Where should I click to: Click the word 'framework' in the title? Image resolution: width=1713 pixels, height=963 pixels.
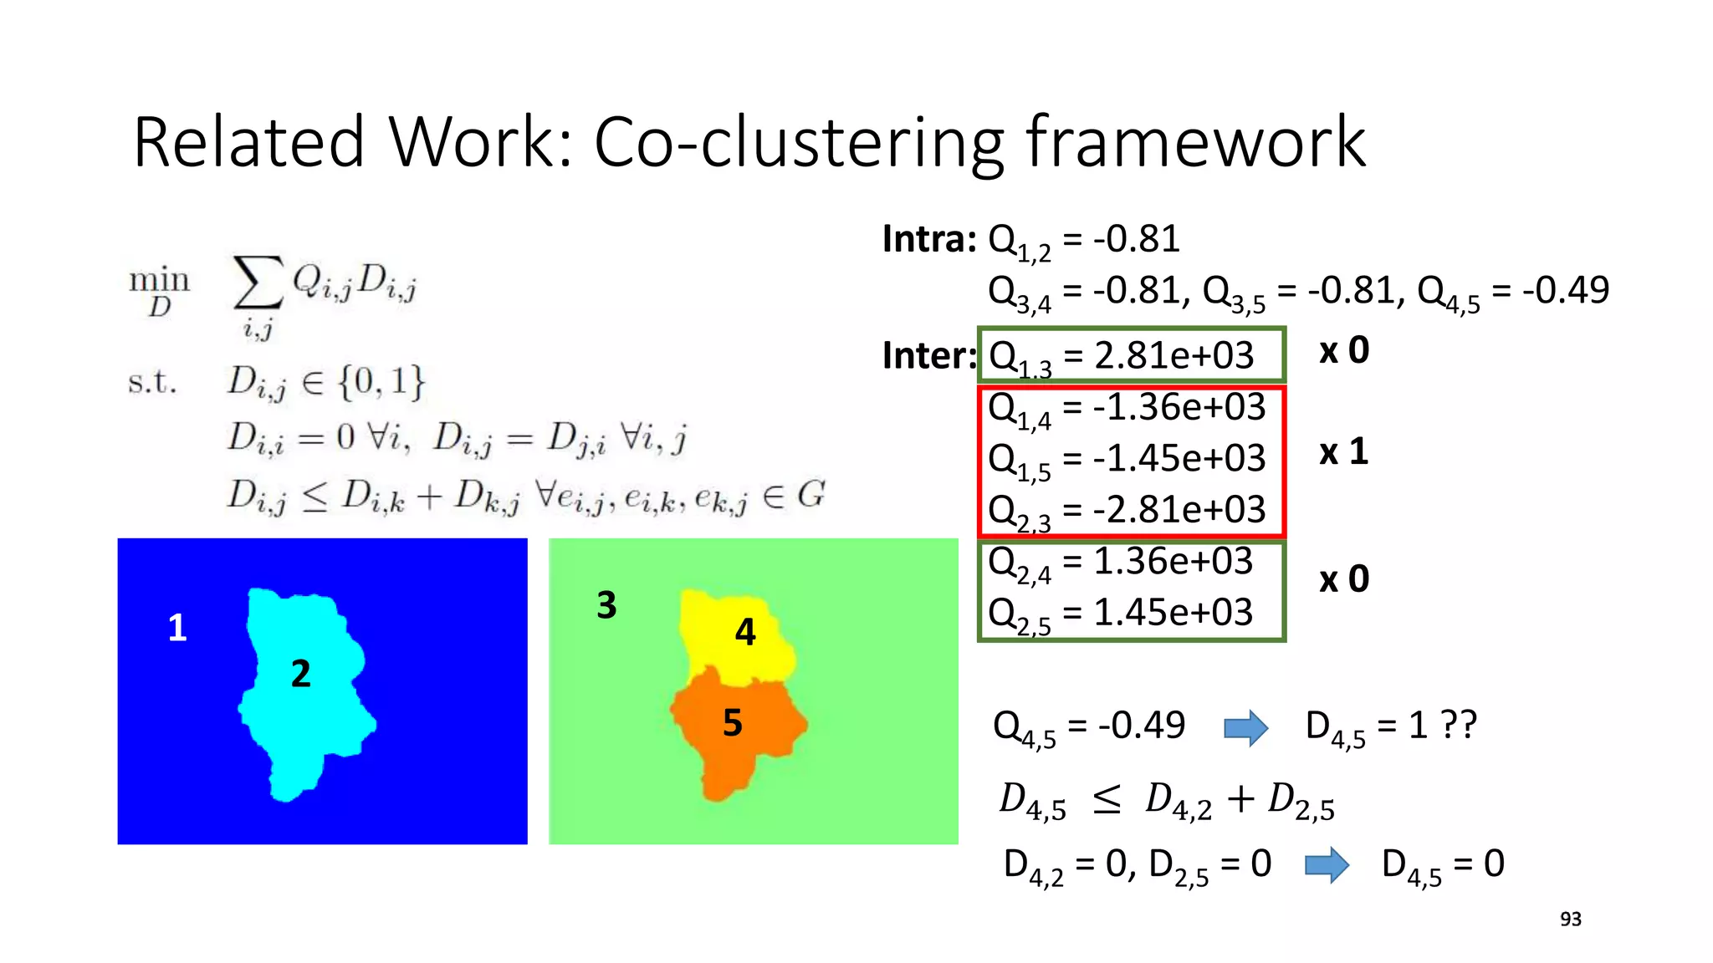pos(1196,142)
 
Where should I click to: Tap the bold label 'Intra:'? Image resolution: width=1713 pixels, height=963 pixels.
pos(929,240)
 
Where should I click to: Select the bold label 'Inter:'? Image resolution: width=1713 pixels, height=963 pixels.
pos(929,356)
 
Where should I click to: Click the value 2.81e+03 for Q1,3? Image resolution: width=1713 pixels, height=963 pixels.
pos(1174,356)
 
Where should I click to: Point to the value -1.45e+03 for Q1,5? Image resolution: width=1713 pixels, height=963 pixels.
pos(1179,458)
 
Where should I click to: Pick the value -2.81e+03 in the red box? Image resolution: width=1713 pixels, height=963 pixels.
pos(1179,510)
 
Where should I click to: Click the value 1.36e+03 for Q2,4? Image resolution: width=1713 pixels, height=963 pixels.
pos(1174,561)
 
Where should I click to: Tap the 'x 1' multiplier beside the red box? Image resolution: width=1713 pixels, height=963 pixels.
pos(1343,452)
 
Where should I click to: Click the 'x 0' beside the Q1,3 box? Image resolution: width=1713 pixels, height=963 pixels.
pos(1344,350)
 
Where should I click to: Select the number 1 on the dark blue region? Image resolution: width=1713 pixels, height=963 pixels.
pos(177,628)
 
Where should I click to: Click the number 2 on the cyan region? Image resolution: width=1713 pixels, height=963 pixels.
pos(301,674)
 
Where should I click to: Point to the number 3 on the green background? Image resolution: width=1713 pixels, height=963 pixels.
pos(606,605)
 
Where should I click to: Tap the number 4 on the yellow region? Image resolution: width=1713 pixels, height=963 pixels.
pos(745,632)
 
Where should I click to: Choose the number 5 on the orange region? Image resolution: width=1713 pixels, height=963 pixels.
pos(733,723)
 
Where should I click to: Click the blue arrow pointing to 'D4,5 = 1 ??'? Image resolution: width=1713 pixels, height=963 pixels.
pos(1245,727)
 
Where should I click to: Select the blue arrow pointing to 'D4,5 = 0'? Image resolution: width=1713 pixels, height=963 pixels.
pos(1327,865)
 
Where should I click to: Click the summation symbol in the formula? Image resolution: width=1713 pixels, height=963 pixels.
pos(258,284)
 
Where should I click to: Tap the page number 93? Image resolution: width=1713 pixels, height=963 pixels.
pos(1571,920)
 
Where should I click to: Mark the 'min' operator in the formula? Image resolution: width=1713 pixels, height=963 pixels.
pos(159,279)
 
